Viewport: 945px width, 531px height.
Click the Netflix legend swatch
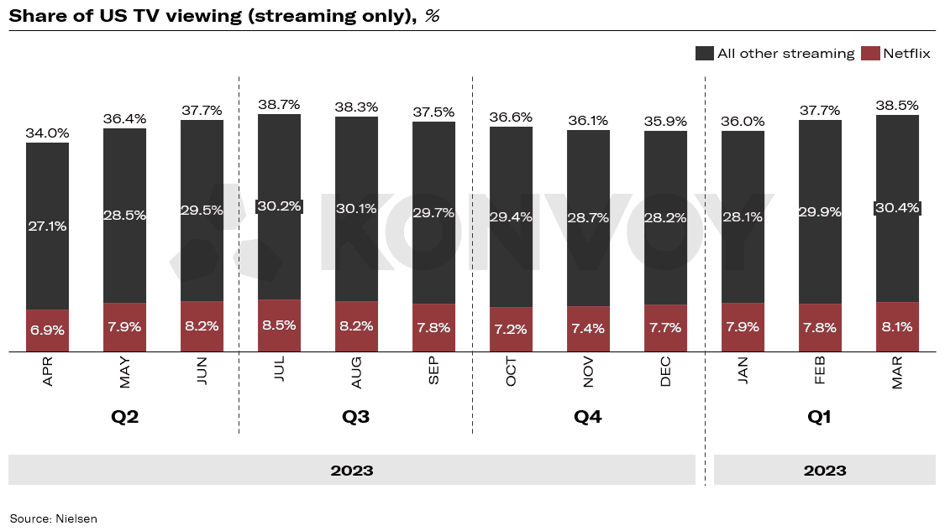[x=871, y=54]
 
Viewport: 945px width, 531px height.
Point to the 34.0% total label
[x=48, y=133]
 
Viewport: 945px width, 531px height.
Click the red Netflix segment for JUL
[x=280, y=325]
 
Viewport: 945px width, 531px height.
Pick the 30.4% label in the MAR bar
[x=897, y=207]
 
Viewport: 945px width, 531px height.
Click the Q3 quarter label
[x=356, y=417]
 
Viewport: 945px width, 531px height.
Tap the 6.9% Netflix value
[x=48, y=331]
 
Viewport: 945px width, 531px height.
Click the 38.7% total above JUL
[x=280, y=104]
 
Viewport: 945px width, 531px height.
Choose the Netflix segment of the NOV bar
[x=589, y=329]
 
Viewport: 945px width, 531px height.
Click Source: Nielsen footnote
[x=54, y=518]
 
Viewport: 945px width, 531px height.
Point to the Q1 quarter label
[x=819, y=417]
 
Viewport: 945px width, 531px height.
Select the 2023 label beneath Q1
[x=824, y=471]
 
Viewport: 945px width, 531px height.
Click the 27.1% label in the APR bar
[x=48, y=226]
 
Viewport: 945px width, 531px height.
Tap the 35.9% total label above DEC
[x=666, y=121]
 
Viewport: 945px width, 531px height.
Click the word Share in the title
[x=35, y=15]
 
